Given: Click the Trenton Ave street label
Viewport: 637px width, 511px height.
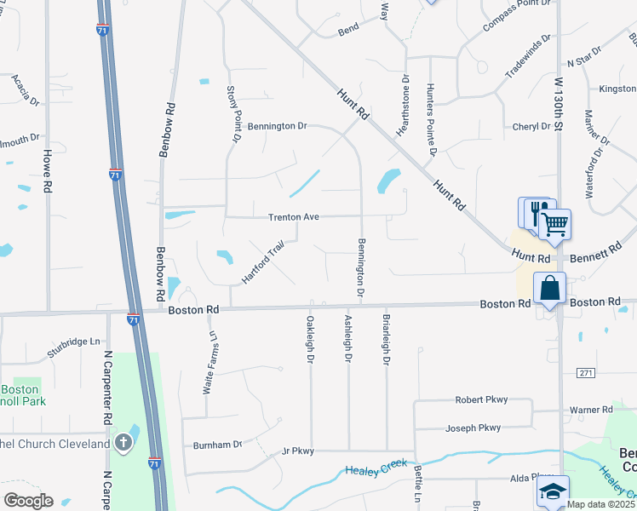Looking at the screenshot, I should click(x=294, y=217).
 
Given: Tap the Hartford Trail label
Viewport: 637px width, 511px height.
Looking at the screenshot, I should click(x=261, y=265).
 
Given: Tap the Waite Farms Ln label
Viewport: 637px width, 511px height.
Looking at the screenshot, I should click(x=206, y=363).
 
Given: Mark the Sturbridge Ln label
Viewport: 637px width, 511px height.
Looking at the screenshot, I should click(x=73, y=342).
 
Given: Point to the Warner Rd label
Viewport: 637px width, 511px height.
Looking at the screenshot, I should click(x=591, y=410).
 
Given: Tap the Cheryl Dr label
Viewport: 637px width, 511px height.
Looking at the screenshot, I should click(x=532, y=127).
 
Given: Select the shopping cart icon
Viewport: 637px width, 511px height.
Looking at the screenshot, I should click(x=554, y=225).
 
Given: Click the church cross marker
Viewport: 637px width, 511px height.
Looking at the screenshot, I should click(x=123, y=442).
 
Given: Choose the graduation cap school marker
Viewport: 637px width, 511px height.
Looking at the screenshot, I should click(x=552, y=491).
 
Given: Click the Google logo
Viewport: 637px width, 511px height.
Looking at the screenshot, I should click(x=28, y=501).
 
